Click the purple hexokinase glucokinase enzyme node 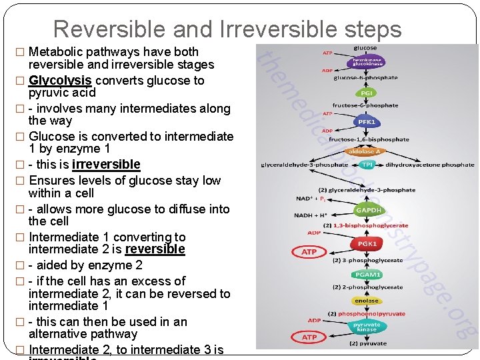pos(365,63)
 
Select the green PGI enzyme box pos(365,93)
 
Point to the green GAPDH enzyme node pos(367,209)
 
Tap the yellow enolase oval pos(366,301)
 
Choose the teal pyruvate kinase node pos(366,327)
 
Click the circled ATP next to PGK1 pos(309,252)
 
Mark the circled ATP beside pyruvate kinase pos(309,337)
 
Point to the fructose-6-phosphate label pos(365,106)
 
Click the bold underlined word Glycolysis pos(60,81)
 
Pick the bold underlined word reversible pos(155,249)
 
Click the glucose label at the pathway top pos(365,48)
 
